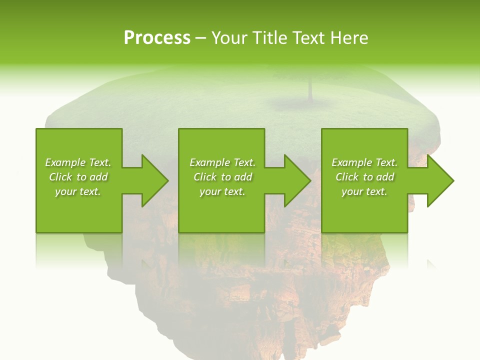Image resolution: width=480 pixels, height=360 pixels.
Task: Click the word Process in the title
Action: [x=157, y=38]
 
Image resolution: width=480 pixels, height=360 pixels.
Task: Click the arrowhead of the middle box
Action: [x=296, y=180]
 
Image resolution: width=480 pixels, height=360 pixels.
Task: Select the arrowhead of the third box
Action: [x=439, y=180]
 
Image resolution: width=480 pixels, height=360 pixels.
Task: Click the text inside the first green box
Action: [x=78, y=177]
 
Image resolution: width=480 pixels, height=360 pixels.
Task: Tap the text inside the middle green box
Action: [x=222, y=177]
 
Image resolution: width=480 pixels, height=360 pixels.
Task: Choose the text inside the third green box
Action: [x=364, y=177]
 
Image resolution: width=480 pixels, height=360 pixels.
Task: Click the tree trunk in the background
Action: [x=310, y=90]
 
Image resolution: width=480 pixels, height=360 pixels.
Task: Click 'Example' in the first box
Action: [x=65, y=162]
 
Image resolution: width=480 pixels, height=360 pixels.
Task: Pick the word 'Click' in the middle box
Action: [x=204, y=177]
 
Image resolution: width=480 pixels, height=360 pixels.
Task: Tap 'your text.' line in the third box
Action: [x=364, y=191]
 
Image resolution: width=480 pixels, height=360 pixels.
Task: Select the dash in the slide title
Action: [x=200, y=38]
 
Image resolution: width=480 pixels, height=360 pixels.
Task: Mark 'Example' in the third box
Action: [x=352, y=162]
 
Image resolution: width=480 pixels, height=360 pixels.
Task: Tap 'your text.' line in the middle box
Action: [x=222, y=191]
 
